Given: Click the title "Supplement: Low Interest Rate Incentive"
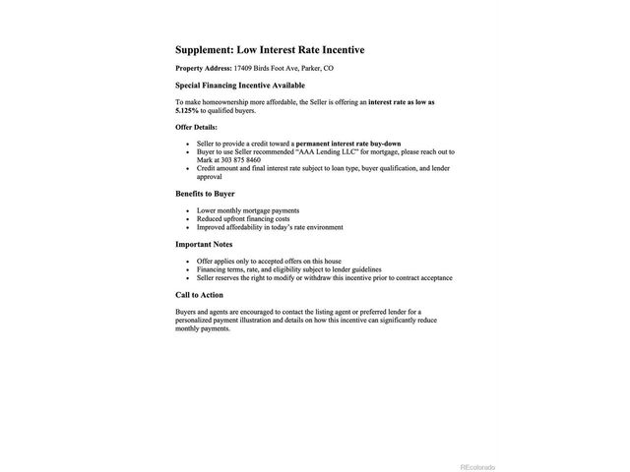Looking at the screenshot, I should click(x=262, y=49).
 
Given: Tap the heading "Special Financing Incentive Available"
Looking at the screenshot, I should click(x=240, y=86).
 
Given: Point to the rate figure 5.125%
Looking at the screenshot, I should click(x=188, y=110).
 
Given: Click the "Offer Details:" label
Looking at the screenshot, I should click(x=196, y=127).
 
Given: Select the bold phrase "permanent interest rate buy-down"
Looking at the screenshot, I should click(x=348, y=144).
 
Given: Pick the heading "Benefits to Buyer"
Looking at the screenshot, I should click(x=205, y=194).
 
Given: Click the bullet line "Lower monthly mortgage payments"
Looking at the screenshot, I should click(x=248, y=210).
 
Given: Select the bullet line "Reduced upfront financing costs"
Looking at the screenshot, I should click(x=244, y=219).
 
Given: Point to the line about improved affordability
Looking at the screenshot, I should click(x=270, y=227).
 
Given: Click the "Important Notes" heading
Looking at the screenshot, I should click(x=204, y=244).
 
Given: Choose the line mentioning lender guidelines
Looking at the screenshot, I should click(x=288, y=269).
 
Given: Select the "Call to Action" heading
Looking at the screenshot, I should click(x=199, y=295).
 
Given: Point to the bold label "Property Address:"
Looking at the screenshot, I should click(x=203, y=68).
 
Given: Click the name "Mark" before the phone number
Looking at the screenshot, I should click(x=205, y=160).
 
